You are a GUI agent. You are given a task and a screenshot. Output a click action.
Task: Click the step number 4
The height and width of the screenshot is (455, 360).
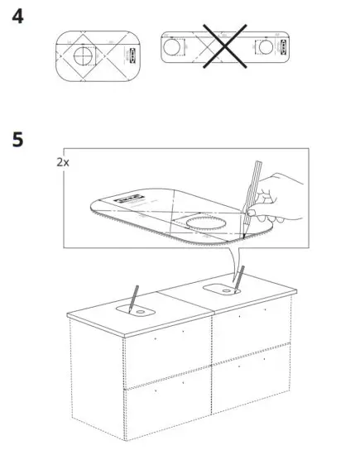18,17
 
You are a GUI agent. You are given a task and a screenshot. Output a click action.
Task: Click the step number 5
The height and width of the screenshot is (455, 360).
18,138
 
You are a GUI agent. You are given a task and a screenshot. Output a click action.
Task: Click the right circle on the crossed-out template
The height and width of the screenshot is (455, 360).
268,47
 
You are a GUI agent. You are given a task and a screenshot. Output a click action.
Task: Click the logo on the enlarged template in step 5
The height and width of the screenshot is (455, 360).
127,199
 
